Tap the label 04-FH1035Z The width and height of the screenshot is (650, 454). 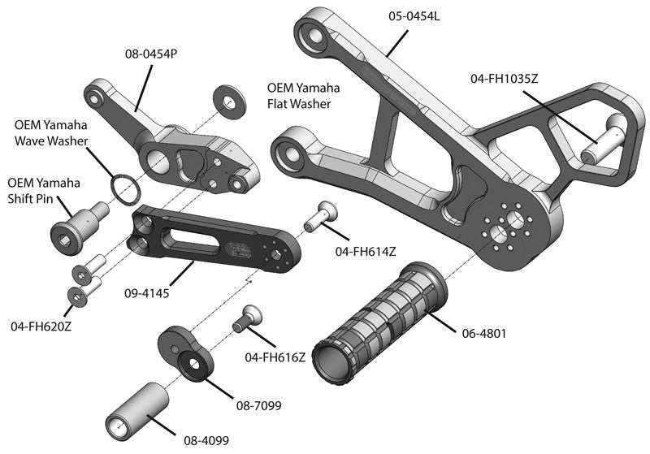[505, 79]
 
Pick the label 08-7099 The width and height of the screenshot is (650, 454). [254, 404]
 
